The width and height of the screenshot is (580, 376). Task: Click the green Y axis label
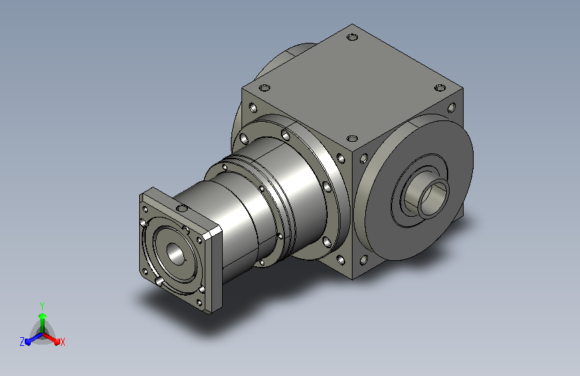pyautogui.click(x=42, y=306)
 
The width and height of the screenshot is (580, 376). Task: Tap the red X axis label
pyautogui.click(x=62, y=343)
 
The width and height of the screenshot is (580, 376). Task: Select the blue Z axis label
pyautogui.click(x=22, y=342)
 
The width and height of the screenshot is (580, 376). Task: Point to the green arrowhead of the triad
pyautogui.click(x=43, y=316)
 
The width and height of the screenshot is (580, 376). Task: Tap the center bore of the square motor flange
pyautogui.click(x=176, y=253)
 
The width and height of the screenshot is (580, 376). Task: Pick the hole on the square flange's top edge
pyautogui.click(x=181, y=209)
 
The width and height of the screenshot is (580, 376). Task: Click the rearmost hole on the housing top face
pyautogui.click(x=352, y=37)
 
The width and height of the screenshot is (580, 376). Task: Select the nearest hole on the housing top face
pyautogui.click(x=352, y=138)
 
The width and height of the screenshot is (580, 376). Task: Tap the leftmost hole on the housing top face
pyautogui.click(x=264, y=88)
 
